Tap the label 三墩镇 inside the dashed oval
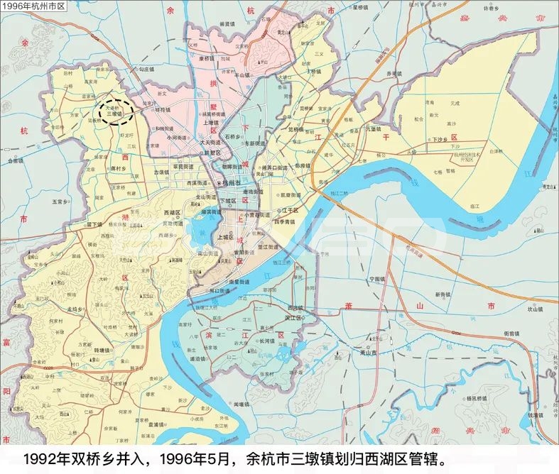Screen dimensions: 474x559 [x=114, y=112]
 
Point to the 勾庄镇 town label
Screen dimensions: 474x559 [x=146, y=70]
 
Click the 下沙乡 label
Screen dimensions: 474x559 [x=441, y=140]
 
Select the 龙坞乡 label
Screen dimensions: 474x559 [x=75, y=309]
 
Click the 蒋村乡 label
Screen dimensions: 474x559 [x=118, y=169]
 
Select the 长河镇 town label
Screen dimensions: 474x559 [x=266, y=340]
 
